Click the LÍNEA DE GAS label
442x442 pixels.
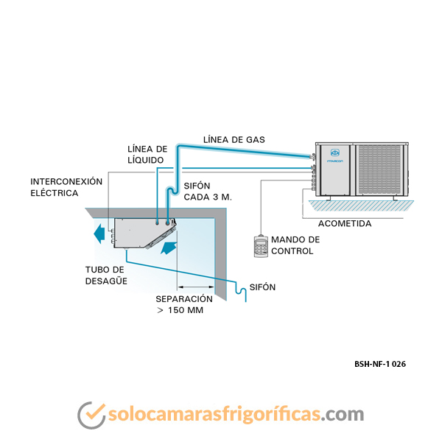[234, 139]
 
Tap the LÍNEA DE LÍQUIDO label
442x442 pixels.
[147, 154]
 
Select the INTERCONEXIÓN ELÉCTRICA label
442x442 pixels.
[66, 187]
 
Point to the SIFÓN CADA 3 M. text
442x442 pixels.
[208, 192]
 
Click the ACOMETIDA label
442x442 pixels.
[345, 223]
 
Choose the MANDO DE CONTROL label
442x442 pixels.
[295, 245]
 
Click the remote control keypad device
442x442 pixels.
[261, 246]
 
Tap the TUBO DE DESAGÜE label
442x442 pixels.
[106, 276]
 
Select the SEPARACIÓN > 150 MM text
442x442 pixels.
[184, 304]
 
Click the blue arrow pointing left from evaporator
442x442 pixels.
[99, 234]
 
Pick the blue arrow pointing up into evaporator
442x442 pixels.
[169, 248]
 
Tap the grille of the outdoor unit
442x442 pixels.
[379, 169]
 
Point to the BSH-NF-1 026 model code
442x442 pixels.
[380, 364]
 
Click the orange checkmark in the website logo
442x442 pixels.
[95, 412]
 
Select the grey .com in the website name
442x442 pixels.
[343, 414]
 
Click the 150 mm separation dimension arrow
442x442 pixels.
[196, 287]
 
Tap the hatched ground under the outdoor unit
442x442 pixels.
[361, 206]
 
